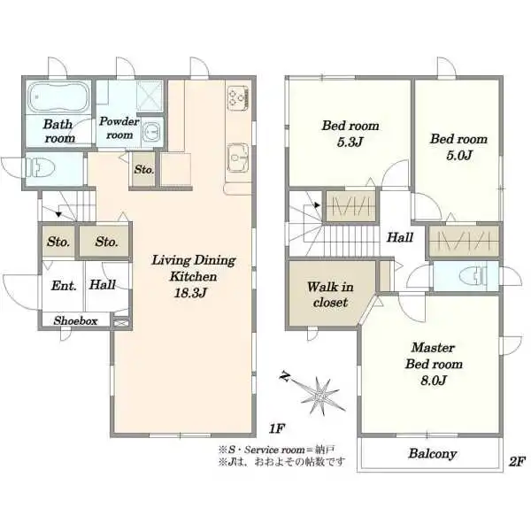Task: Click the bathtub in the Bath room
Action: click(x=58, y=96)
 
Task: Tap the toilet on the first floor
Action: click(x=41, y=168)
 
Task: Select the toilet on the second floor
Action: click(x=474, y=276)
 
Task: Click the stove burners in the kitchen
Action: click(x=238, y=98)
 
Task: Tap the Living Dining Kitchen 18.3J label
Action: click(x=193, y=276)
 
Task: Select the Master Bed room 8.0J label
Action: click(x=434, y=364)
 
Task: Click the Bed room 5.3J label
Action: click(x=350, y=134)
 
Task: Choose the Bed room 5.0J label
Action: click(x=458, y=147)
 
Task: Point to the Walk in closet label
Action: click(x=330, y=295)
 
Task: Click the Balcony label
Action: click(x=433, y=453)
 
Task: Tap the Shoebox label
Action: click(x=75, y=320)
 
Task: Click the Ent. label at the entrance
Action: click(x=64, y=286)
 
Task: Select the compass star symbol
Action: click(x=319, y=395)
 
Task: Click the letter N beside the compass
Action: click(x=286, y=376)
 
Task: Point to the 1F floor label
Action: click(x=276, y=428)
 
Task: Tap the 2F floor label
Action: click(x=517, y=461)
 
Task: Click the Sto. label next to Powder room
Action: click(x=144, y=169)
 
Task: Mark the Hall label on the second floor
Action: click(x=400, y=237)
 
